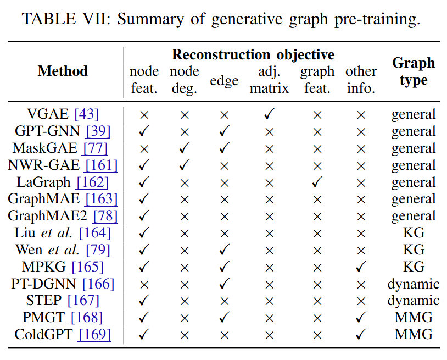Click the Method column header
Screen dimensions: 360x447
click(63, 71)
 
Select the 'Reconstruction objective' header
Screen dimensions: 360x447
click(253, 54)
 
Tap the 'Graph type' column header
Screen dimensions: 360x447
click(413, 71)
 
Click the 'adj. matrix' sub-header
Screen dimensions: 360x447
click(269, 80)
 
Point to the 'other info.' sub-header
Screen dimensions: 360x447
click(361, 80)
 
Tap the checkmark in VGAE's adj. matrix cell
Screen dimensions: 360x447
click(269, 114)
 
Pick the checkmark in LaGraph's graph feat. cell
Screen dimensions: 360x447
click(317, 182)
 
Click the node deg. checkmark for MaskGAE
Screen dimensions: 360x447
click(184, 148)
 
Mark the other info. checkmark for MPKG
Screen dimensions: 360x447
click(361, 267)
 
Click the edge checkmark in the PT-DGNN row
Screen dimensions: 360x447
click(224, 284)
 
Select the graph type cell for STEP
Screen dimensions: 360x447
click(413, 301)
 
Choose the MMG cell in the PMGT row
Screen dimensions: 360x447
click(413, 317)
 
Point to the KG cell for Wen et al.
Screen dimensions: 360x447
click(413, 250)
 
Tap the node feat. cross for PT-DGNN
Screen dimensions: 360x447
click(144, 284)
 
